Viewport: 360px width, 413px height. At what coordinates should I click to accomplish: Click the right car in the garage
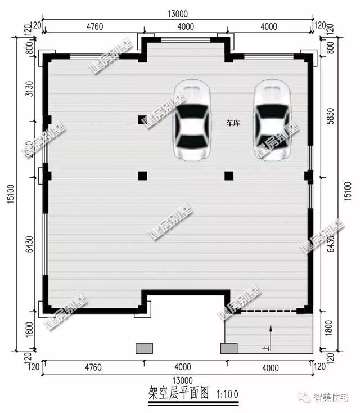pyautogui.click(x=272, y=120)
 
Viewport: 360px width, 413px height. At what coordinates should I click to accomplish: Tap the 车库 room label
pyautogui.click(x=233, y=123)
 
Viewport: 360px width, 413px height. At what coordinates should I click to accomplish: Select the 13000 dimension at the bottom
pyautogui.click(x=179, y=380)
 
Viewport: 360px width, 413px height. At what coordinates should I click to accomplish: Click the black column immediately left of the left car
pyautogui.click(x=142, y=119)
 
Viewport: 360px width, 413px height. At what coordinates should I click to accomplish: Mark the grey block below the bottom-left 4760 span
pyautogui.click(x=145, y=348)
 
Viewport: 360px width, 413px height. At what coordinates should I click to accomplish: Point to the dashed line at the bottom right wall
pyautogui.click(x=268, y=311)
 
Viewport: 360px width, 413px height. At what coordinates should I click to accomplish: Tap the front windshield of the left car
pyautogui.click(x=192, y=110)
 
